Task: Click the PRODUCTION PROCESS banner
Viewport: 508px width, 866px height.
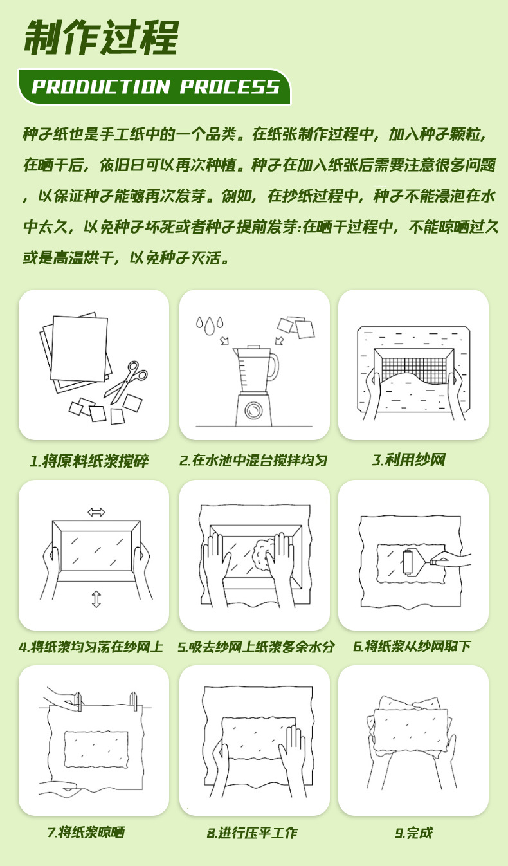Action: pos(155,87)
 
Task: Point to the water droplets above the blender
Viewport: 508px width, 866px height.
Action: pos(210,325)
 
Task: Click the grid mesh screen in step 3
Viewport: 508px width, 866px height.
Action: pos(414,367)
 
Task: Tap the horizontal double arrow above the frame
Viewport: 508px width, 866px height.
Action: pos(96,512)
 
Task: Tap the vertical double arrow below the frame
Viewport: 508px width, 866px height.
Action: pos(96,599)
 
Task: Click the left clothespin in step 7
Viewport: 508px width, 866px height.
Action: pos(78,701)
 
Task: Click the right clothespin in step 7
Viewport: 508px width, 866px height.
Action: pos(134,701)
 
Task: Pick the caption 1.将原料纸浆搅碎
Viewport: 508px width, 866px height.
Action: pos(89,461)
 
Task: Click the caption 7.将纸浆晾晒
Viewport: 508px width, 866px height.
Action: pos(86,833)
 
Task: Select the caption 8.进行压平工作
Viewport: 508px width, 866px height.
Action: pos(251,833)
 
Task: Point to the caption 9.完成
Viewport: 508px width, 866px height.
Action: pos(413,833)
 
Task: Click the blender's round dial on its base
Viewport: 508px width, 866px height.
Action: pos(253,410)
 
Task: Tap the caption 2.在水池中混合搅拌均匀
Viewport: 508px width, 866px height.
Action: pos(253,461)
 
